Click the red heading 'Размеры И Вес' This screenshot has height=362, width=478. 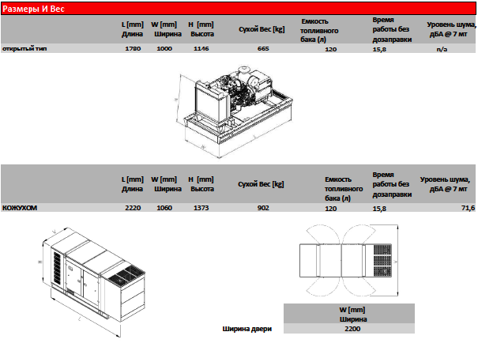33,9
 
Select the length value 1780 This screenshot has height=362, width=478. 133,48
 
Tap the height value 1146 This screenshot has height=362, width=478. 201,48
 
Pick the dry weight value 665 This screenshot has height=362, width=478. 263,48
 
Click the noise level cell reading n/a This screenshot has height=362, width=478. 442,49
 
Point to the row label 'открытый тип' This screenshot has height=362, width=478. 24,48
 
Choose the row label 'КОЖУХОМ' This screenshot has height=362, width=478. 20,208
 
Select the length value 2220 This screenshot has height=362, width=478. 133,208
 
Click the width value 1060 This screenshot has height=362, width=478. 164,208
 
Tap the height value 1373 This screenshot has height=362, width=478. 201,208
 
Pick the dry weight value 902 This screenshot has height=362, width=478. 263,208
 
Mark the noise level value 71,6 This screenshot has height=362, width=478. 469,208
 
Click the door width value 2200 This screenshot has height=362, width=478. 352,329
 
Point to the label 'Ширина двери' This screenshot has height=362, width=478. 247,329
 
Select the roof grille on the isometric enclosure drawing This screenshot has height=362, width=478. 127,275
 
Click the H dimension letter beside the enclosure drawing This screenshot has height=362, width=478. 40,262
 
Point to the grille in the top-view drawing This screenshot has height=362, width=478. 382,261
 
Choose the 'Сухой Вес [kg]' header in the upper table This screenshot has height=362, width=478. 262,29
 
